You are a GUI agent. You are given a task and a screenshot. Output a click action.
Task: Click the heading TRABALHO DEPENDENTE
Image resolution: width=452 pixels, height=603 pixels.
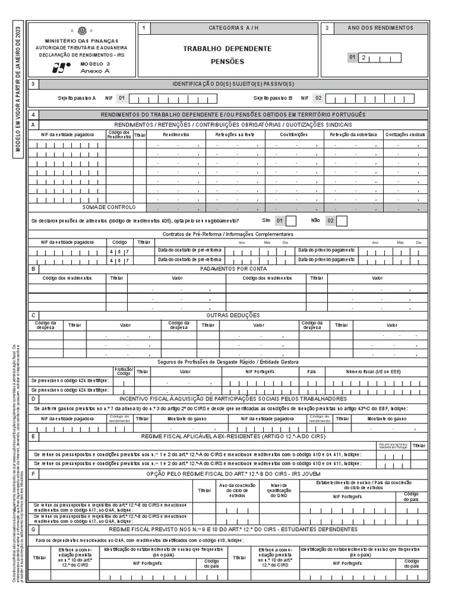coord(227,48)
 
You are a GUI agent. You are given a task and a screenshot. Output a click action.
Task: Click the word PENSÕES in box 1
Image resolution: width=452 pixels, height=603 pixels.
coord(227,61)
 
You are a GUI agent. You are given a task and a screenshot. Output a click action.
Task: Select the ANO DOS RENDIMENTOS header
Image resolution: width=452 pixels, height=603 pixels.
coord(380,28)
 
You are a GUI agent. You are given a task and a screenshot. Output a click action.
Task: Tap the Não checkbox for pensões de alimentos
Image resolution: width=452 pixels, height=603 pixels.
coord(341,221)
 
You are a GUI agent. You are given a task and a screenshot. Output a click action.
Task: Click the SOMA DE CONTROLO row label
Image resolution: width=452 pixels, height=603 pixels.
coord(109,207)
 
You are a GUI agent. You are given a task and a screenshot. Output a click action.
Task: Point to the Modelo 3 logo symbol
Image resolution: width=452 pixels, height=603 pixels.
coord(59,67)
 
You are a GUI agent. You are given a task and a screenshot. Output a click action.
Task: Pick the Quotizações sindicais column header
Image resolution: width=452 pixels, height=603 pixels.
coord(406,135)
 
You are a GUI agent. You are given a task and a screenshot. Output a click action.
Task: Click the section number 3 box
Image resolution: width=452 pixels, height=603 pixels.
coord(33,84)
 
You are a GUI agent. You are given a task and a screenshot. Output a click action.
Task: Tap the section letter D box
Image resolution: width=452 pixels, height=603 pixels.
coord(34,399)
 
